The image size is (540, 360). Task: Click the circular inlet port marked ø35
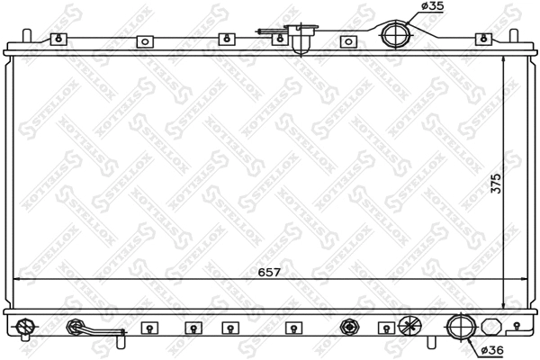point(393,35)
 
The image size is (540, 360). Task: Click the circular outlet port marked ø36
point(459,326)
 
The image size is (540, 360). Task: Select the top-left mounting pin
point(27,38)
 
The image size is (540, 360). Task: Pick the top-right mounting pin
point(514,38)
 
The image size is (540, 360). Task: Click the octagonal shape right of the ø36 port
point(490,327)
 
